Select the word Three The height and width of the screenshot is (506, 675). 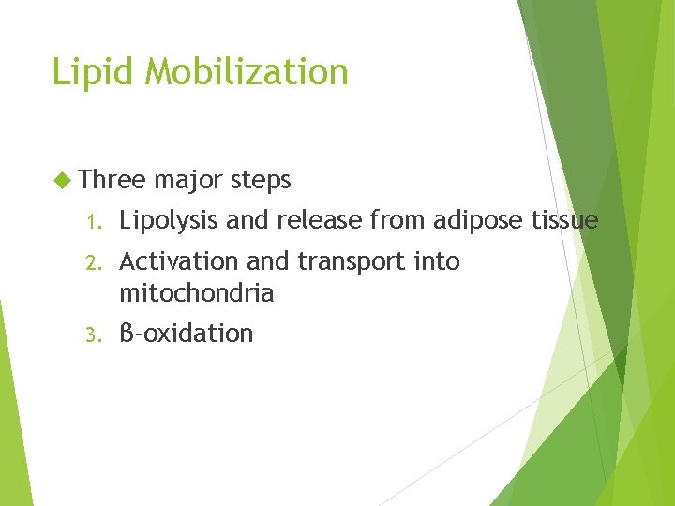[x=112, y=179]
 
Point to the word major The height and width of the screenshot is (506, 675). [x=189, y=181]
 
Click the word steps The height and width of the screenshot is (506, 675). [x=261, y=181]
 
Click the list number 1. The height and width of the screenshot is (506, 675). [x=91, y=222]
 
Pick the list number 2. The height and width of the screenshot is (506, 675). [x=91, y=262]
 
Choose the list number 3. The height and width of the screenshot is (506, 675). [x=91, y=335]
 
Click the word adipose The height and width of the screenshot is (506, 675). [x=476, y=222]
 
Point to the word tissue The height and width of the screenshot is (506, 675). [x=563, y=220]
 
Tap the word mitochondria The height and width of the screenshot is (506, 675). [x=197, y=293]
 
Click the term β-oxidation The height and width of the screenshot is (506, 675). [x=187, y=334]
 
